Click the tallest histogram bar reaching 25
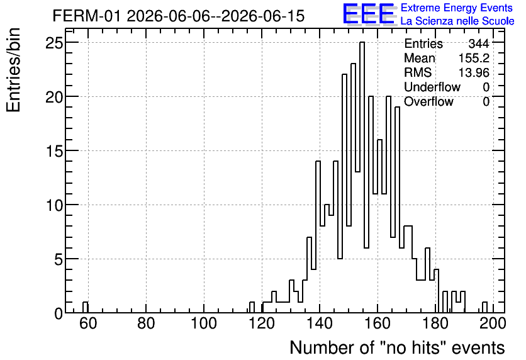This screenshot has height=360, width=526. point(362,177)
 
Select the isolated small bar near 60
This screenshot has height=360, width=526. point(86,307)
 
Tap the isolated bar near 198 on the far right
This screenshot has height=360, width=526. point(484,307)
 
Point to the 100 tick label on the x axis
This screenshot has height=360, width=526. point(204,323)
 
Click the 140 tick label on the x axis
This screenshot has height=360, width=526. point(320,323)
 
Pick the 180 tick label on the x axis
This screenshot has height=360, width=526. point(435,323)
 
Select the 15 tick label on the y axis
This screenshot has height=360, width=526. point(54,151)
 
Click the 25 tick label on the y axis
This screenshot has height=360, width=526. point(54,43)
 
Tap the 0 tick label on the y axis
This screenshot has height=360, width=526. point(59,313)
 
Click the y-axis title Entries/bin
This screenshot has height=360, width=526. point(14,70)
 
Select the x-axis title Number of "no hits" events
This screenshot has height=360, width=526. point(397,347)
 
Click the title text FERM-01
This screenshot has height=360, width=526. point(86,16)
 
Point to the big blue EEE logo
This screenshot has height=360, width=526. point(369,14)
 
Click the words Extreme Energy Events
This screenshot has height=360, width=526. point(457,8)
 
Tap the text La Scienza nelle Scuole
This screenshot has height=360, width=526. point(457,21)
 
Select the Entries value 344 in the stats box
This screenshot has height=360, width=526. point(479,43)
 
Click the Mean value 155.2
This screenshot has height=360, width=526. point(474,58)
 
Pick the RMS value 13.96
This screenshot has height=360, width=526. point(474,72)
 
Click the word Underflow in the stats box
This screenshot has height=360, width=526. point(432,87)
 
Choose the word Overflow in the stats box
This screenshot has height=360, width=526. point(428,101)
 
